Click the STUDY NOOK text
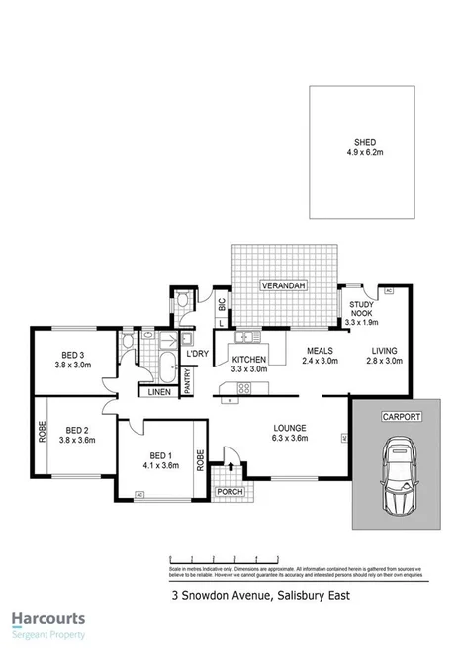[360, 310]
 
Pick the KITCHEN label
[250, 360]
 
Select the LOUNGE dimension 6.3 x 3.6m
[291, 439]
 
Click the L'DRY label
[196, 353]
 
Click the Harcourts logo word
[49, 619]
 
